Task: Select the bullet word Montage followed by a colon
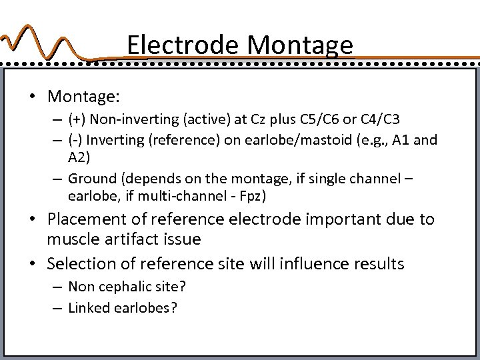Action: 83,96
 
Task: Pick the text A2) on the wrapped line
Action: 79,158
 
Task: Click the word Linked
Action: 89,309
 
